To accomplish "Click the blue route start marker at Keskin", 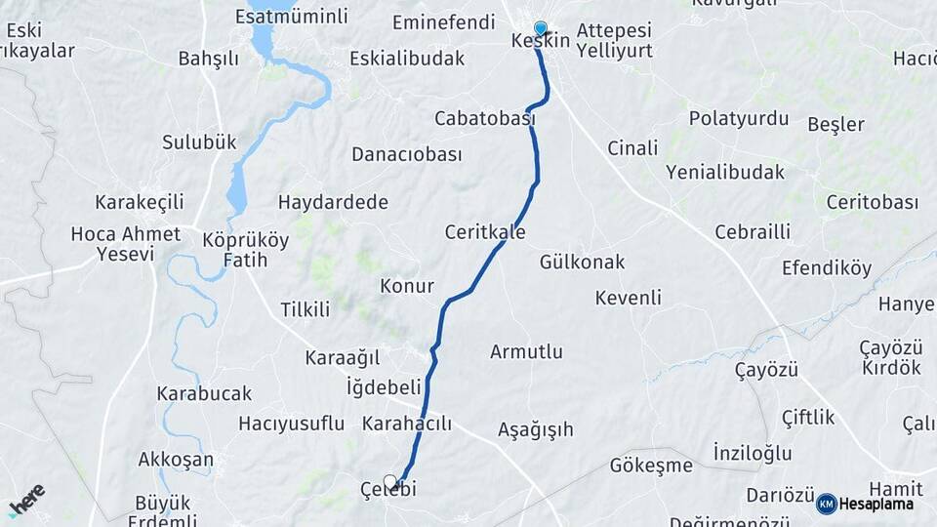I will click(541, 28).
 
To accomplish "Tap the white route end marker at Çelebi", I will click(390, 481).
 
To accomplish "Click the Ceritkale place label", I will click(485, 232).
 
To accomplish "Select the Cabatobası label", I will click(485, 118).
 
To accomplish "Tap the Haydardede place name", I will click(333, 203).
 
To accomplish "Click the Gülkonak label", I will click(582, 262).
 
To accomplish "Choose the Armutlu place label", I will click(526, 351).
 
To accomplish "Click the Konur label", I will click(406, 286).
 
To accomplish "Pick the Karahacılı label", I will click(406, 424).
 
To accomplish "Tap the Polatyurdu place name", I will click(738, 119).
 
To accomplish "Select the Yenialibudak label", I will click(725, 172).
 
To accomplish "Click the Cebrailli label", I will click(753, 232).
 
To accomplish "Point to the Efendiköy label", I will click(827, 268).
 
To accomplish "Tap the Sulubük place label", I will click(199, 142).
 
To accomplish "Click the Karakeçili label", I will click(140, 203).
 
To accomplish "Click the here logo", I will click(26, 499).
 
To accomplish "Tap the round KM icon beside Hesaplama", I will click(826, 504).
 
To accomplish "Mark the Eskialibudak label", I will click(407, 59).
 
